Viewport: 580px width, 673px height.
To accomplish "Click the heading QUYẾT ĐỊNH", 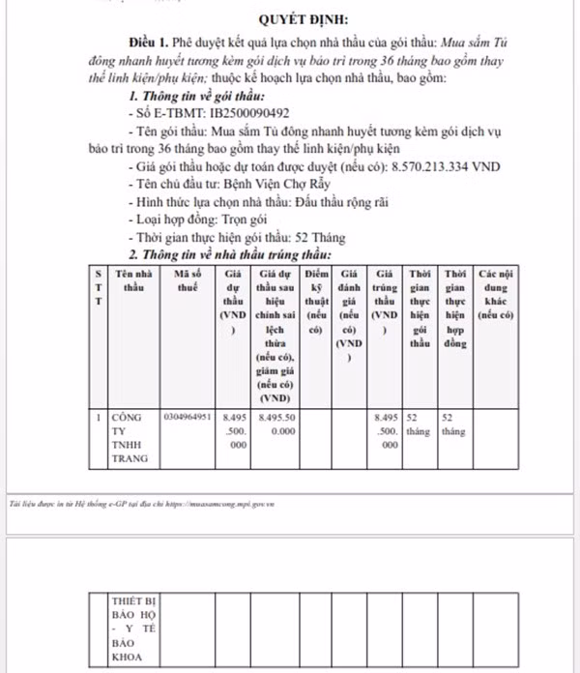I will pyautogui.click(x=304, y=18).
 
